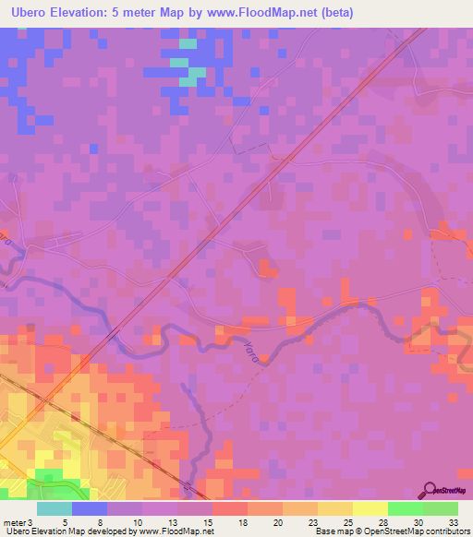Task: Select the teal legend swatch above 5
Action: click(x=55, y=508)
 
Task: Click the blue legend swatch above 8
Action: click(x=90, y=508)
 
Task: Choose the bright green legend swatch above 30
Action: click(x=406, y=508)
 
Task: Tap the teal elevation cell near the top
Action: click(x=188, y=43)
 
